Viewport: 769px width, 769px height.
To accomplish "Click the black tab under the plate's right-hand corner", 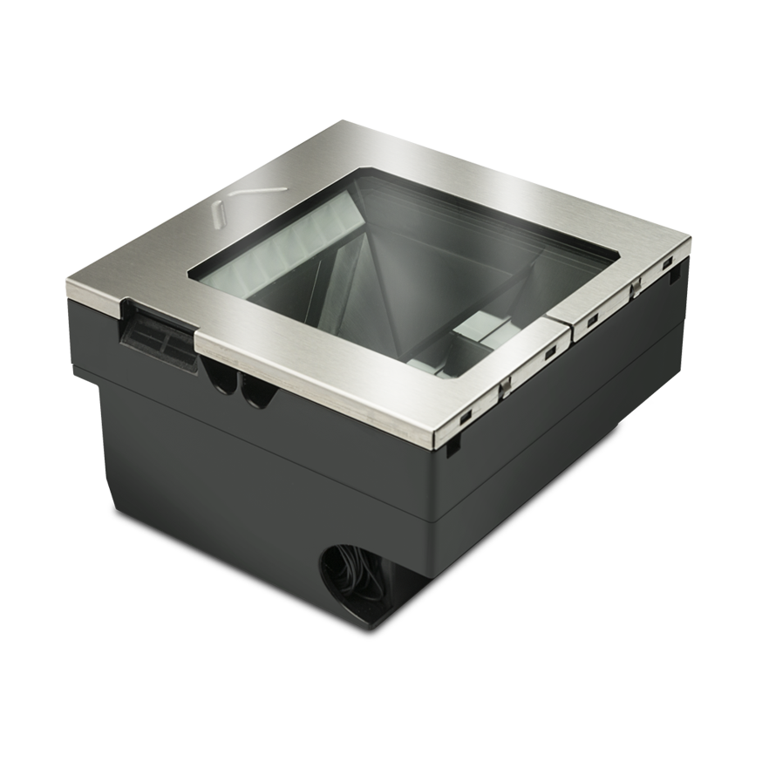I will (675, 277).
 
